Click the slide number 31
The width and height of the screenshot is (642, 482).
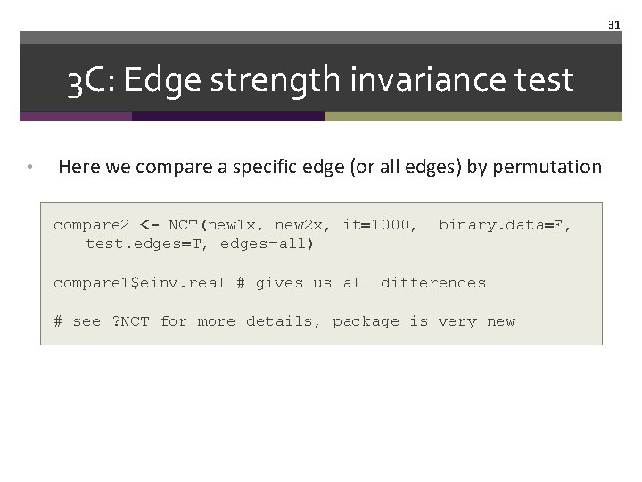click(613, 25)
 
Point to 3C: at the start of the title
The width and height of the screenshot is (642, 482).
click(91, 81)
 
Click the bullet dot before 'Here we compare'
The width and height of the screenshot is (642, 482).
click(29, 167)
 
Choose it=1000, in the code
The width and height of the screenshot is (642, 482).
click(380, 225)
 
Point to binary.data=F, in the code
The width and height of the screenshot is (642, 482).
click(505, 225)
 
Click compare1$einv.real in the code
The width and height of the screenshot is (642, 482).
click(139, 283)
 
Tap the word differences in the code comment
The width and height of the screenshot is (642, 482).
click(433, 283)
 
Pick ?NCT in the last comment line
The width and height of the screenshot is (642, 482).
click(130, 321)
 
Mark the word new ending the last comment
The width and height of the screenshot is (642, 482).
click(501, 321)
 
